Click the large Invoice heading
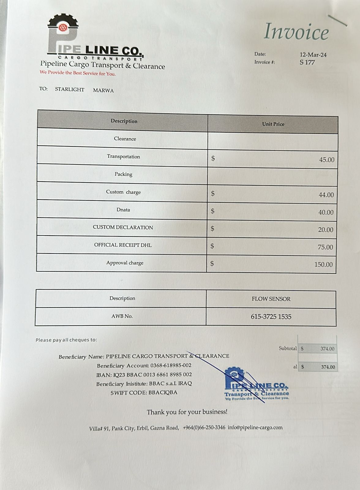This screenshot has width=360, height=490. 296,32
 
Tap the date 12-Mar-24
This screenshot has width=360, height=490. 313,55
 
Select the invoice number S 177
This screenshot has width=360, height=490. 307,62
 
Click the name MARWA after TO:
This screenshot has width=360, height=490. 103,91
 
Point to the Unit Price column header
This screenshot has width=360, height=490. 273,124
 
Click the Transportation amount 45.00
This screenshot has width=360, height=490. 327,160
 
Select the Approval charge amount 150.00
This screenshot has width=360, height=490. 323,265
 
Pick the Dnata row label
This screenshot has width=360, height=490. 123,210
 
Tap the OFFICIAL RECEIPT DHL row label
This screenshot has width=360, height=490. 123,245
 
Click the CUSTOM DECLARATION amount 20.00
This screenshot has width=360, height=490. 325,230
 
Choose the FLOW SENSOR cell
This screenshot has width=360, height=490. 271,299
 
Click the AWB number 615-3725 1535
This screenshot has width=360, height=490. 271,317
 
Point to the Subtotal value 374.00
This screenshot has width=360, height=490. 327,349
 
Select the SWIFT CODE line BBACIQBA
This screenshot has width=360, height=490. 144,393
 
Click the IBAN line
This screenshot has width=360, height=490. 144,375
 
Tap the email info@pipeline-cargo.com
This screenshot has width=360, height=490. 255,428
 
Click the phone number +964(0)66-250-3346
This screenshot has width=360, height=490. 204,428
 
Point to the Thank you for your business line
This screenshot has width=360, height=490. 187,412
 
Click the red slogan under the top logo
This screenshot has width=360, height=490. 78,73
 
